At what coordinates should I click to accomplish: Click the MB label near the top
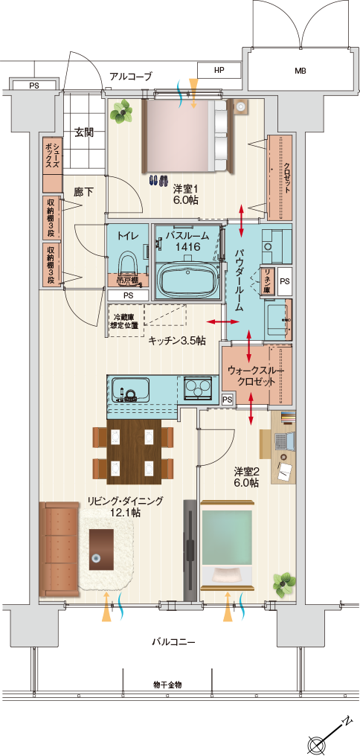pos(300,71)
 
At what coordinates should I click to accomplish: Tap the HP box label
pos(219,70)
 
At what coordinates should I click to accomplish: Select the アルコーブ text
pos(131,76)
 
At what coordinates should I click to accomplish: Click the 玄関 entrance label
pos(83,132)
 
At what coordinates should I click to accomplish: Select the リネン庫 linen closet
pos(266,281)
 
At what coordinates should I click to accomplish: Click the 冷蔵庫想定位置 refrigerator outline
pos(126,321)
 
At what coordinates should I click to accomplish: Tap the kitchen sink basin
pos(130,388)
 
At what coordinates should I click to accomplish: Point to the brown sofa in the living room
pos(59,548)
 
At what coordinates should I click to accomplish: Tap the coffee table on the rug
pos(101,550)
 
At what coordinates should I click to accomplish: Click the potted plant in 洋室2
pos(283,583)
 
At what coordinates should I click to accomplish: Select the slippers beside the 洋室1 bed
pos(158,180)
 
